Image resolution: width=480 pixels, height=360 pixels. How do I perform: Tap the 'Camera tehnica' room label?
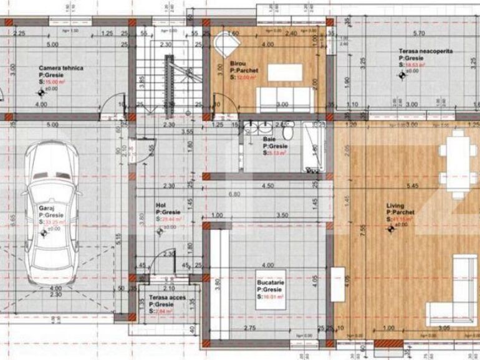click(x=61, y=69)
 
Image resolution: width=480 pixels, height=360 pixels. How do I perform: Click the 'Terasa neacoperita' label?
click(x=426, y=52)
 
